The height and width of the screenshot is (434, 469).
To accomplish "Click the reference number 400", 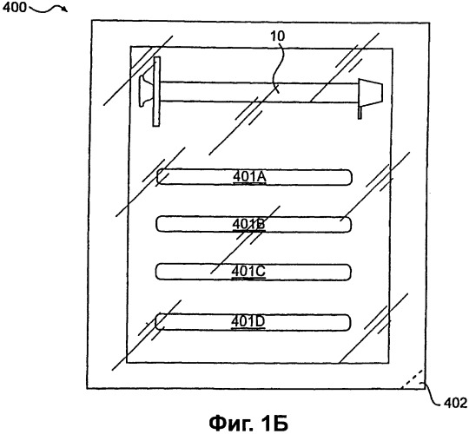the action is (14, 8).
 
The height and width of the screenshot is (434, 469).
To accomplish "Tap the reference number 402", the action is (456, 404).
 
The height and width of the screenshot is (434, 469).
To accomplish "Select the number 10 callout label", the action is (278, 36).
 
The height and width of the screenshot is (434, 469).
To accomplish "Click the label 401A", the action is (249, 177).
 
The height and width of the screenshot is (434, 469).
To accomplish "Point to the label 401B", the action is (248, 224).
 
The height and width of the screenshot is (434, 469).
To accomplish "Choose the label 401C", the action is (248, 271).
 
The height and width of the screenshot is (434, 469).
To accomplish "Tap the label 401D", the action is (248, 322).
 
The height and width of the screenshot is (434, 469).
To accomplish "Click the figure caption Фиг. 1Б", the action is (248, 423).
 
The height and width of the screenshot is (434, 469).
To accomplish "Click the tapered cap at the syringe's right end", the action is (370, 92).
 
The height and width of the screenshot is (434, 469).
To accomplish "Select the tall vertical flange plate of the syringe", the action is (156, 91).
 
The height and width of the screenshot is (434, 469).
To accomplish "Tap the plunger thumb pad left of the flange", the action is (143, 91).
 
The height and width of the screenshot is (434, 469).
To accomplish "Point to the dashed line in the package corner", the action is (413, 379).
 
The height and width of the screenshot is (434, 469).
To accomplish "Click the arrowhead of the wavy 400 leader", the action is (65, 10).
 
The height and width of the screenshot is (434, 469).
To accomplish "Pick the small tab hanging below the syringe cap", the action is (360, 112).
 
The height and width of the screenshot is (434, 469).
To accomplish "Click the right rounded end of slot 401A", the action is (347, 178).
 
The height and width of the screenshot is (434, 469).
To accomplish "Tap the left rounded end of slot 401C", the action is (160, 272).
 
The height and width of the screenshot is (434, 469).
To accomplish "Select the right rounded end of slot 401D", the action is (346, 323).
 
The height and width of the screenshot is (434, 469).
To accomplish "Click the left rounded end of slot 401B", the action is (161, 224).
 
